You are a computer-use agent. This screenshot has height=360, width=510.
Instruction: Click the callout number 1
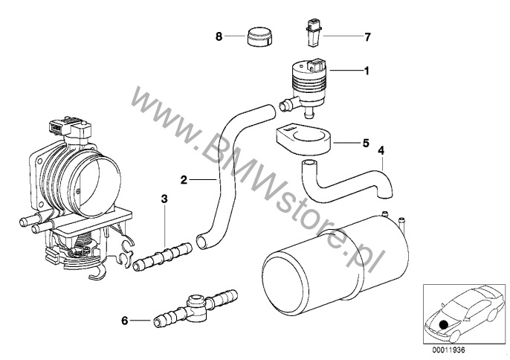coord(367,71)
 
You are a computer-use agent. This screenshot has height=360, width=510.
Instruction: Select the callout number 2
coord(184,179)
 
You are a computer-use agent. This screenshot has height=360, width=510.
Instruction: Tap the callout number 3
coord(164,199)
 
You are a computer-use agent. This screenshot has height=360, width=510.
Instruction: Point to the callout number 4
coord(381,150)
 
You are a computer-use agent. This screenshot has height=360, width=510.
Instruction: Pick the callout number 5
coord(366,143)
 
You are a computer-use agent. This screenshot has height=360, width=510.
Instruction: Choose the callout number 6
coord(125,321)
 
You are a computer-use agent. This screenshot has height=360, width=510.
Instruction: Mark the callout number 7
coord(367,37)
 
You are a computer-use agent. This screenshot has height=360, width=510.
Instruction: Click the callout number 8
coord(219,36)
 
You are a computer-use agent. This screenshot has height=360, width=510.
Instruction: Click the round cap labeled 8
coord(259,37)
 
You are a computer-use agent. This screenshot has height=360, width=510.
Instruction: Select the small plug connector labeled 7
coord(312,33)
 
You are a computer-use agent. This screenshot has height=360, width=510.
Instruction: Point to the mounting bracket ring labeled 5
coord(303,138)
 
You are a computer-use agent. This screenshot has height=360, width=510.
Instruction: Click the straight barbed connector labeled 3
coord(163,256)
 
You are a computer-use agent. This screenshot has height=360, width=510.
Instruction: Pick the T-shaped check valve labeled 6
coord(195,307)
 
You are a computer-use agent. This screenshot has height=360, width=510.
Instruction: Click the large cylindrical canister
coord(335,263)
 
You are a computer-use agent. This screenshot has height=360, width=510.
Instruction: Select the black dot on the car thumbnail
coord(442,324)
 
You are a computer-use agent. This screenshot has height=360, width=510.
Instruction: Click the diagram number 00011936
coord(448,350)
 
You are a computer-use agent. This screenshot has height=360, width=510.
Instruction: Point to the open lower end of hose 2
coord(201,242)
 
